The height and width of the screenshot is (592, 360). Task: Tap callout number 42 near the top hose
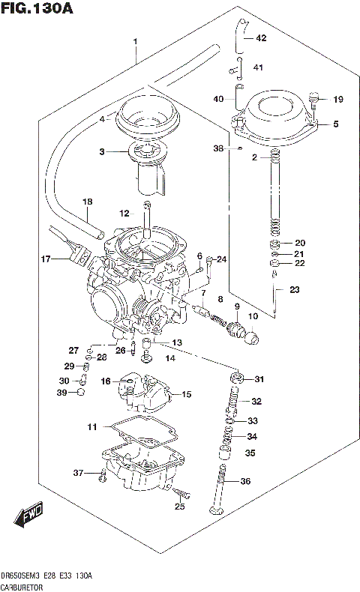tap(260, 37)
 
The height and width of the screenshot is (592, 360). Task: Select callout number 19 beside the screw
tap(337, 99)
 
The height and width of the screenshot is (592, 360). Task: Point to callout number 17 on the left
tap(46, 259)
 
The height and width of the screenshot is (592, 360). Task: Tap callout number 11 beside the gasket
tap(91, 427)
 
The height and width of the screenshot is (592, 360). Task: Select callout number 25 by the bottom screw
tap(179, 507)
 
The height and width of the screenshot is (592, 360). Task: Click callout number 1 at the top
tap(135, 40)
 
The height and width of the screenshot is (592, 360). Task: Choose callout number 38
tap(218, 148)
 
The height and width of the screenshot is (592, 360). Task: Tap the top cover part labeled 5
tap(281, 120)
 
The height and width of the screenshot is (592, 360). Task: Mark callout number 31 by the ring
tap(259, 378)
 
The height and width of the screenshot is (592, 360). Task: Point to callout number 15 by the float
tap(187, 394)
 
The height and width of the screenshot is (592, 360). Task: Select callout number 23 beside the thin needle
tap(294, 290)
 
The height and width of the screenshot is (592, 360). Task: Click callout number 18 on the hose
tap(87, 202)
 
